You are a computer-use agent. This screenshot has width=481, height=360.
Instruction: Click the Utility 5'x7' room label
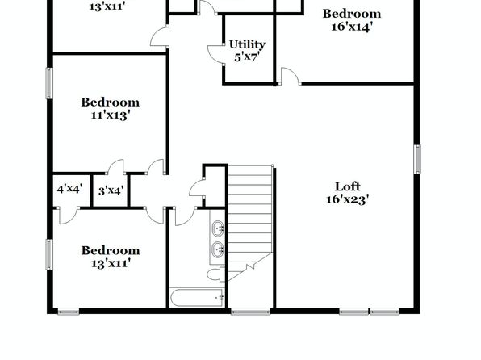point(247,51)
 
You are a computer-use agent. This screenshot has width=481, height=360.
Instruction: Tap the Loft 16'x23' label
point(347,193)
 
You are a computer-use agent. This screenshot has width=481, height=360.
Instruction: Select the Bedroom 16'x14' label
point(352,20)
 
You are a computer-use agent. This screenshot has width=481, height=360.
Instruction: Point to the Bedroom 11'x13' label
point(110,108)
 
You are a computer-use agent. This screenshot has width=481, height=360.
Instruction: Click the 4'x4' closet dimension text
point(70,189)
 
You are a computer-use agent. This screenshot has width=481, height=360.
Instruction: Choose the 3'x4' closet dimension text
point(111,190)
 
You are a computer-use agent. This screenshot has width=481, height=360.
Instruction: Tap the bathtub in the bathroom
point(197,297)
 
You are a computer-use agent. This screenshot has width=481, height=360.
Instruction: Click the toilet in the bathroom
point(217,274)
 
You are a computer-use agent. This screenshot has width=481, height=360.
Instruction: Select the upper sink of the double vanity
point(218,228)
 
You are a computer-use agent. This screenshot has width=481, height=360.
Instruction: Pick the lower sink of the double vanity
point(218,249)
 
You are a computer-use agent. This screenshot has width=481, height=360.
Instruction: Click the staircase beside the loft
point(250,223)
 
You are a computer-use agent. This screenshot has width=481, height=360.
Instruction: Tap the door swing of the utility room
point(215,55)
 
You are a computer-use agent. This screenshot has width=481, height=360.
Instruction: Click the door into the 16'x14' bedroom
point(290,76)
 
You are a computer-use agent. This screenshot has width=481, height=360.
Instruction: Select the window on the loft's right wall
point(417,159)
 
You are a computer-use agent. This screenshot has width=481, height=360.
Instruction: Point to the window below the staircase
point(251,312)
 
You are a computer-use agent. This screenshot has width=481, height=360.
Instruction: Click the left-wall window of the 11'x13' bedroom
point(49,83)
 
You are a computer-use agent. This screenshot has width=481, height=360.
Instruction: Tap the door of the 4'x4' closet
point(68,216)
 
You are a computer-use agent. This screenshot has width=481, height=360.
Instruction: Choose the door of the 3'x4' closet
point(116,166)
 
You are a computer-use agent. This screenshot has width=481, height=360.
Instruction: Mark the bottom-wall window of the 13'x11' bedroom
point(69,312)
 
